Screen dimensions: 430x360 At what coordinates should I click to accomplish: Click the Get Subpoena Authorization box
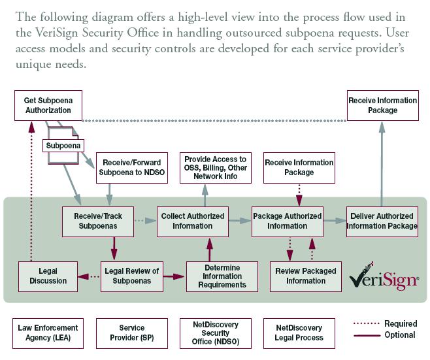coord(48,106)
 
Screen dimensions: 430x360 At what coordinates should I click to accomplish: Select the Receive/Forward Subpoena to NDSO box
coord(132,168)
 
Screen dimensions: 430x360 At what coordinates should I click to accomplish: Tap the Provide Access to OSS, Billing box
coord(216,168)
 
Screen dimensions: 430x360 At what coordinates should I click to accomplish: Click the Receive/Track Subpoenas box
coord(98,221)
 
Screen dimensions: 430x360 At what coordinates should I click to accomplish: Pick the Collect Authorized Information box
coord(193,221)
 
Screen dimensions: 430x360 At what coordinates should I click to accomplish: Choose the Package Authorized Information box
coord(288,221)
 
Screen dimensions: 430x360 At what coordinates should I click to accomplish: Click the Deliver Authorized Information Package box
coord(382,221)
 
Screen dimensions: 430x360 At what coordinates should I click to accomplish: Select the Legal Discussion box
coord(48,276)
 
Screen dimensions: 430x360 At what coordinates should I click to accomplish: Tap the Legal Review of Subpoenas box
coord(132,276)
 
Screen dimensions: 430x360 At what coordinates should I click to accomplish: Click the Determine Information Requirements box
coord(222,276)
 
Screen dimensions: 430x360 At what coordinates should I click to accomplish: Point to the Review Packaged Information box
coord(306,276)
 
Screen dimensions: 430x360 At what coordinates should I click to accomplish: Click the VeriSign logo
coord(384,277)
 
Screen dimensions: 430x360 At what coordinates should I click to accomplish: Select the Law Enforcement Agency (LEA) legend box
coord(48,333)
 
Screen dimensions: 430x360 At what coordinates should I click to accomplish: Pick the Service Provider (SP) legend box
coord(132,333)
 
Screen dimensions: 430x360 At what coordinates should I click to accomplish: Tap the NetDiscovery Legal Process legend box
coord(299,333)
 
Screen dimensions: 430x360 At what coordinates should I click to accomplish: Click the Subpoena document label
coord(63,146)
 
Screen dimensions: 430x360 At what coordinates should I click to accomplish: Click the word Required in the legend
coord(401,324)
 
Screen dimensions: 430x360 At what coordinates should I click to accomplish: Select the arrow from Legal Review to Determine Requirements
coord(174,276)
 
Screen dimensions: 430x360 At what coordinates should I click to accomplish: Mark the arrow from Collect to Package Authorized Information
coord(240,220)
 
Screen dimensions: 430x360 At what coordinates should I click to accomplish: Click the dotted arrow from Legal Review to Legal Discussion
coord(89,276)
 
